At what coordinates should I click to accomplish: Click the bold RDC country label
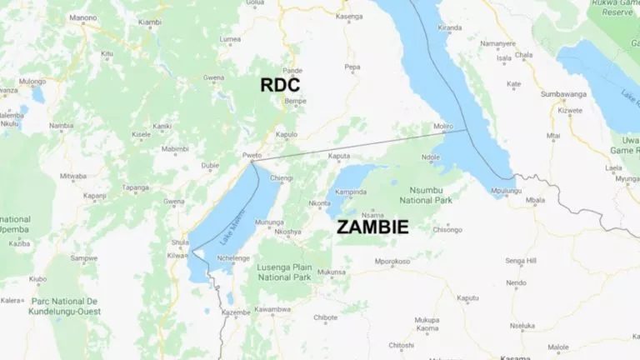(280, 85)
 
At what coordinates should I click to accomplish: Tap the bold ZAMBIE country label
(372, 227)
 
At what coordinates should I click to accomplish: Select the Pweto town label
(252, 155)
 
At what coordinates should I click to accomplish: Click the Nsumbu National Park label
(427, 195)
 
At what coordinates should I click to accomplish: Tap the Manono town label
(83, 17)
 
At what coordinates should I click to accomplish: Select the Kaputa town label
(339, 156)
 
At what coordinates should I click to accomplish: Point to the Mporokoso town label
(392, 262)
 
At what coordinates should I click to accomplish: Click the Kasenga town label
(348, 16)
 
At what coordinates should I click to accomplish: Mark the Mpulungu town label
(507, 191)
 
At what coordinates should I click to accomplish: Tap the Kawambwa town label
(272, 310)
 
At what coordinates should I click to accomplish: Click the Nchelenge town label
(233, 257)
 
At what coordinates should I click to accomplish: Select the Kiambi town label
(150, 22)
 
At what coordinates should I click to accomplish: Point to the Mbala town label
(535, 200)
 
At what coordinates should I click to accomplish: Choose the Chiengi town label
(282, 177)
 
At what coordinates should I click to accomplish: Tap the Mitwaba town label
(73, 176)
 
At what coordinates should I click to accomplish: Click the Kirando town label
(450, 27)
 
